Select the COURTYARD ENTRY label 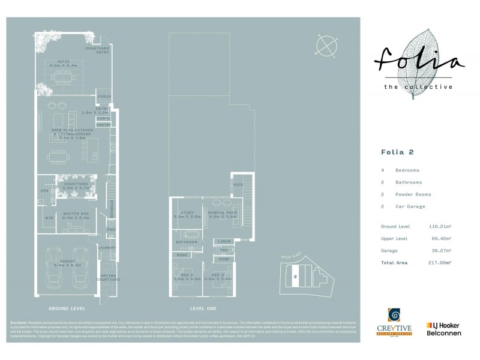[98, 49]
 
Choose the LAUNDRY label [108, 248]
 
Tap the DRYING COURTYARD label [108, 277]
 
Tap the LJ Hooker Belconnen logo [446, 329]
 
